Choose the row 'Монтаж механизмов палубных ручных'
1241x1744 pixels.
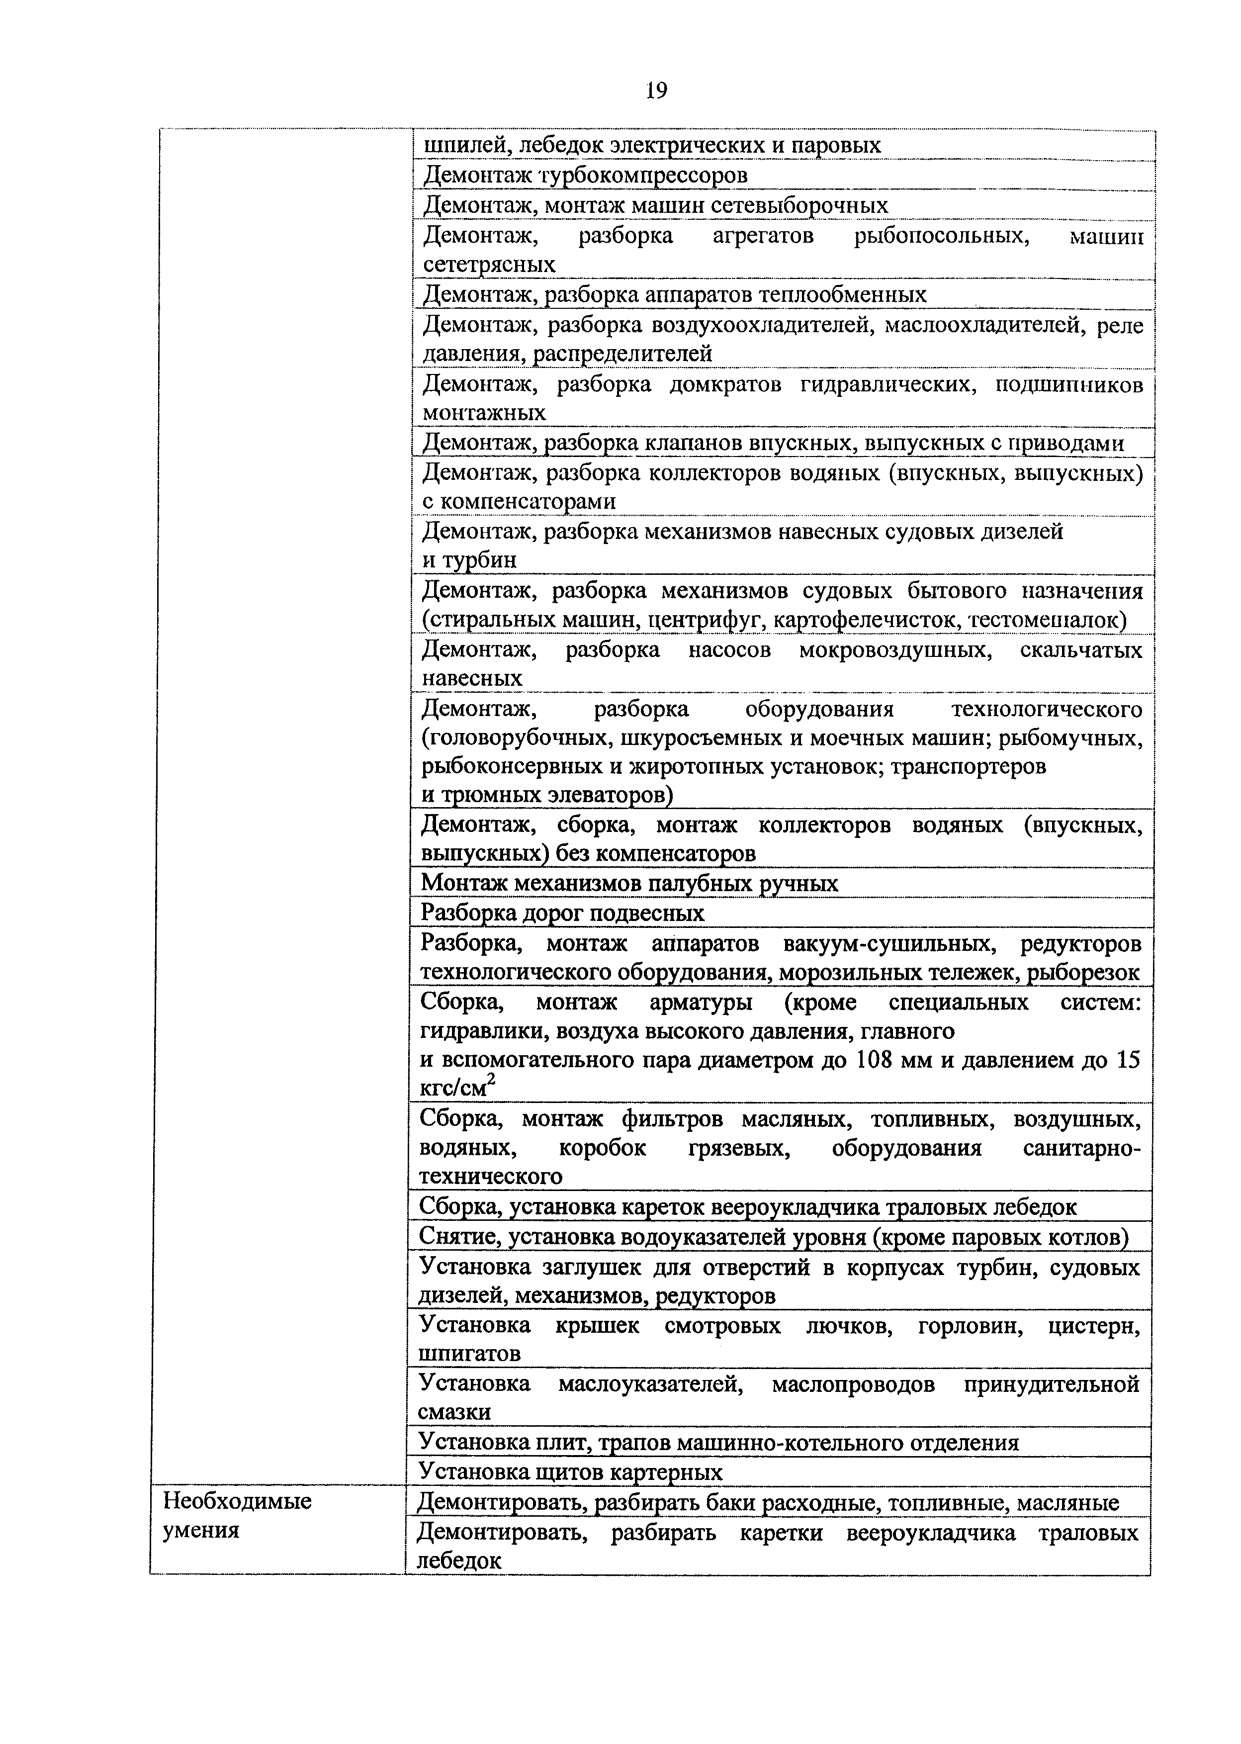point(629,884)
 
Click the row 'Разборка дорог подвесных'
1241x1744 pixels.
point(562,913)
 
